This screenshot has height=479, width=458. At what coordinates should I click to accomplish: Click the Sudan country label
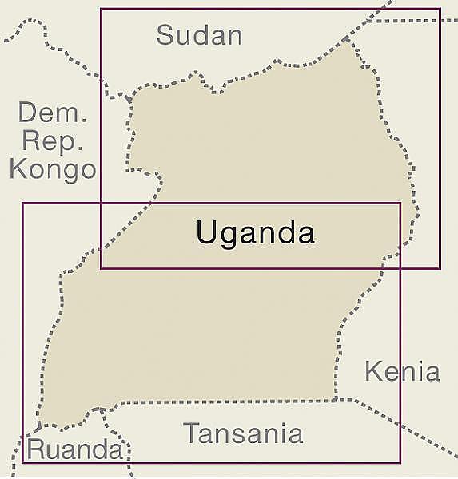(x=199, y=34)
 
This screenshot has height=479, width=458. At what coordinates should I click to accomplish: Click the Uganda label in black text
(x=255, y=233)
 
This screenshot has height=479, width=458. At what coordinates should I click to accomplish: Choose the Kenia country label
(x=402, y=371)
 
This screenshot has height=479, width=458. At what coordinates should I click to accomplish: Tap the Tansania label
(x=244, y=433)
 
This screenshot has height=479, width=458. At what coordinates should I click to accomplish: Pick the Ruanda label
(x=75, y=449)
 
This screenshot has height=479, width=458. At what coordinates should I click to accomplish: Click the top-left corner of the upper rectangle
(x=101, y=10)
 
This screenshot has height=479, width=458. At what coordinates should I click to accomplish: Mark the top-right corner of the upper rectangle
(x=440, y=10)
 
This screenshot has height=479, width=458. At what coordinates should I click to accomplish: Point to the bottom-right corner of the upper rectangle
(x=440, y=268)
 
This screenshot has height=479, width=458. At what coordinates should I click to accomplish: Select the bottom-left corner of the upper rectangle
(x=101, y=268)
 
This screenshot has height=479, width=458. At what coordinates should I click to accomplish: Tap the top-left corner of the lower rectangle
(x=22, y=204)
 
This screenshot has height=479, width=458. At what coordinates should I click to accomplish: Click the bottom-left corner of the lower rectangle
(x=22, y=463)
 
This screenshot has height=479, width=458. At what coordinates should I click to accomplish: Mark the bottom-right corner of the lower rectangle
(x=400, y=463)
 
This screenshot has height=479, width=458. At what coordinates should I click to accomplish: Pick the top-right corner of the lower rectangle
(x=400, y=204)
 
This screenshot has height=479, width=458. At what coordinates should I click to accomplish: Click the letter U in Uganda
(x=205, y=233)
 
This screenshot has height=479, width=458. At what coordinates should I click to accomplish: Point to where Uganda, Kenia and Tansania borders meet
(x=336, y=398)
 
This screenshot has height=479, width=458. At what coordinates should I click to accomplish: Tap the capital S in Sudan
(x=165, y=34)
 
